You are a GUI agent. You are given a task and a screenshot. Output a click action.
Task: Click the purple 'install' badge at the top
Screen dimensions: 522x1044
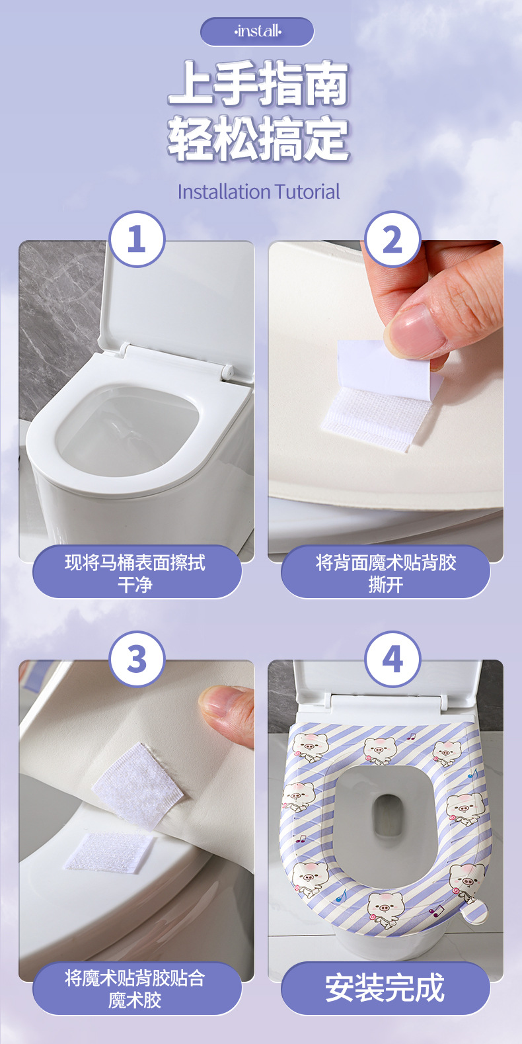(x=257, y=32)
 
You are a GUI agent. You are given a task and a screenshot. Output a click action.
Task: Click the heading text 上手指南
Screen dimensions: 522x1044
(x=258, y=83)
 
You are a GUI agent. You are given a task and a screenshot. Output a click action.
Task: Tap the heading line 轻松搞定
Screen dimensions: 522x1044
(x=258, y=138)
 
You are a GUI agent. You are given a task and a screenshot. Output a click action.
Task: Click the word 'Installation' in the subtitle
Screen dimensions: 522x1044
(x=223, y=192)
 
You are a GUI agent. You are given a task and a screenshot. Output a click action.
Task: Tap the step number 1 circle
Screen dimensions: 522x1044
(x=137, y=239)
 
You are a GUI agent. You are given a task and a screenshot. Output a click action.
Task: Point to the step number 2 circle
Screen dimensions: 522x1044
(x=392, y=239)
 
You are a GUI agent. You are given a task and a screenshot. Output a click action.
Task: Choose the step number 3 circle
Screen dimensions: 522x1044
(x=137, y=659)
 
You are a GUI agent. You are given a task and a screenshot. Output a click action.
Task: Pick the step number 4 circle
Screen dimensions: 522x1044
(x=392, y=659)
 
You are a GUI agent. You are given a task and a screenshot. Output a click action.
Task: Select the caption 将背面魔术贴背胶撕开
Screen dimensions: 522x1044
(x=386, y=573)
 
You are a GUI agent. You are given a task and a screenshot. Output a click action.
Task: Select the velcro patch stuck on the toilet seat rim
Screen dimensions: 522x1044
(x=110, y=851)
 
